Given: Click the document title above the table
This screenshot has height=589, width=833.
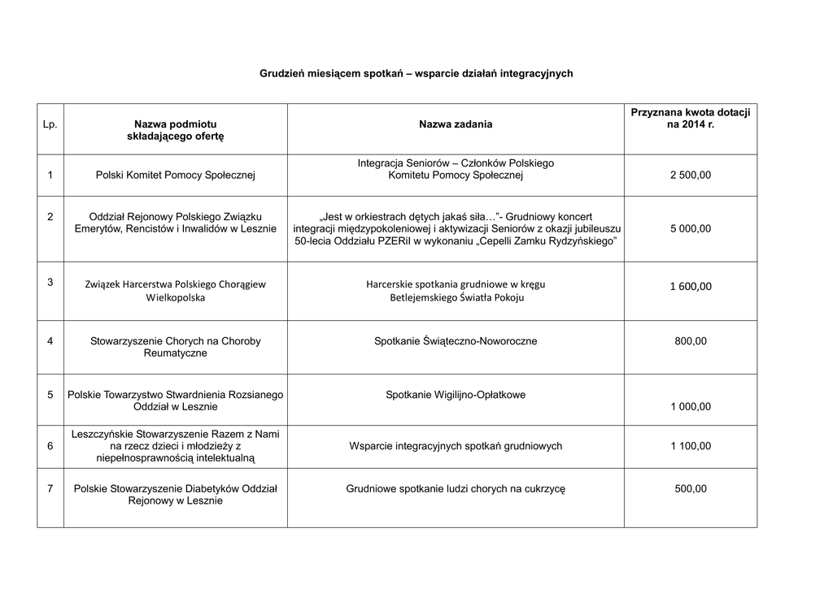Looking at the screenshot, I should [x=416, y=73].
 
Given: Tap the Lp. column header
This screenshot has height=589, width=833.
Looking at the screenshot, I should [x=50, y=124].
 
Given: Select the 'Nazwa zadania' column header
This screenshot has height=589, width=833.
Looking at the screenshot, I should [x=456, y=124].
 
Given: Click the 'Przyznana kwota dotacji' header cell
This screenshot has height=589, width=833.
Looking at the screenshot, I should [x=690, y=118].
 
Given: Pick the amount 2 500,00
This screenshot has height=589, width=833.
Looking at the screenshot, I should [x=691, y=175].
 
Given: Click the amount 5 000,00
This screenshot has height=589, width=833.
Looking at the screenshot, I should [x=691, y=229].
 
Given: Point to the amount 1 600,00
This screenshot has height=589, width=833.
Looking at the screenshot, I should [x=691, y=286].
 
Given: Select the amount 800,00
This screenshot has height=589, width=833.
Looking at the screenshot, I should [x=691, y=341].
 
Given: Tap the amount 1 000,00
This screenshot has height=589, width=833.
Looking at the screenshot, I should [x=691, y=407].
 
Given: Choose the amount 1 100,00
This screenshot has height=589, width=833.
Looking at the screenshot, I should [x=691, y=446].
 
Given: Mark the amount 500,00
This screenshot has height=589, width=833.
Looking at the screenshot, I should [x=691, y=488].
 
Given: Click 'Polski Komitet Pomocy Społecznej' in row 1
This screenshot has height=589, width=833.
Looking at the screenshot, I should [x=176, y=175].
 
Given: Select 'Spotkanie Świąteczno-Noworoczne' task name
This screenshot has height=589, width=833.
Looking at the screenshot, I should [x=456, y=341].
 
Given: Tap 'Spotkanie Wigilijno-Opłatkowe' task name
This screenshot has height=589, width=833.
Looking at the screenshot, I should [x=456, y=395].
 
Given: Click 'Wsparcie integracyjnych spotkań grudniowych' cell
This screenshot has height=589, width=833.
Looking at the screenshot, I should [x=456, y=446].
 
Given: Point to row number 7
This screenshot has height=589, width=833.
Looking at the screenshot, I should [x=50, y=488].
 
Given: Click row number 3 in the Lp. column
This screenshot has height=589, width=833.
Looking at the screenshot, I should [x=50, y=282].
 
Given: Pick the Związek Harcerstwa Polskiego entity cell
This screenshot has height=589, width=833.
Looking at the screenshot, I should [x=176, y=291].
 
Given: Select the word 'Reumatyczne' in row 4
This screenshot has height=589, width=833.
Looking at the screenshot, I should [x=176, y=353].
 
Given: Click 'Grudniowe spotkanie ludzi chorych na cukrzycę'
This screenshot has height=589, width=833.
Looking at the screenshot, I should [x=456, y=488].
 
